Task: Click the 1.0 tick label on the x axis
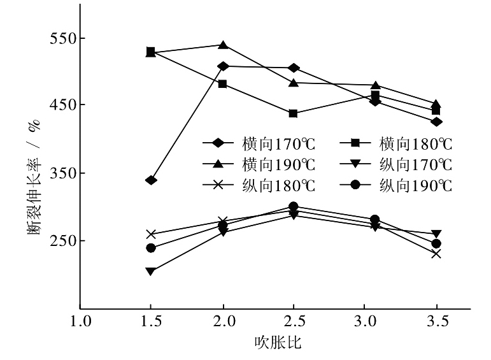pos(80,322)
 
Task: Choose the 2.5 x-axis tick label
pos(293,322)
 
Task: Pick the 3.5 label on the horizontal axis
pos(436,322)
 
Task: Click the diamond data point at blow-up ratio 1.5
pos(151,180)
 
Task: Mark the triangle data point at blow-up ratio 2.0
pos(223,45)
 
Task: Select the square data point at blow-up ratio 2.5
pos(293,113)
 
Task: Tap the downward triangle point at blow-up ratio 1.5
pos(151,271)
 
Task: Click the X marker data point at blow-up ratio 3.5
pos(436,254)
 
